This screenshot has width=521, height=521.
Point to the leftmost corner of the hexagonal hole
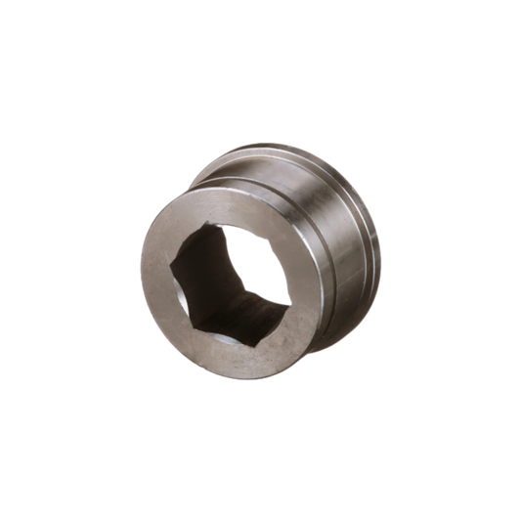tap(174, 265)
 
